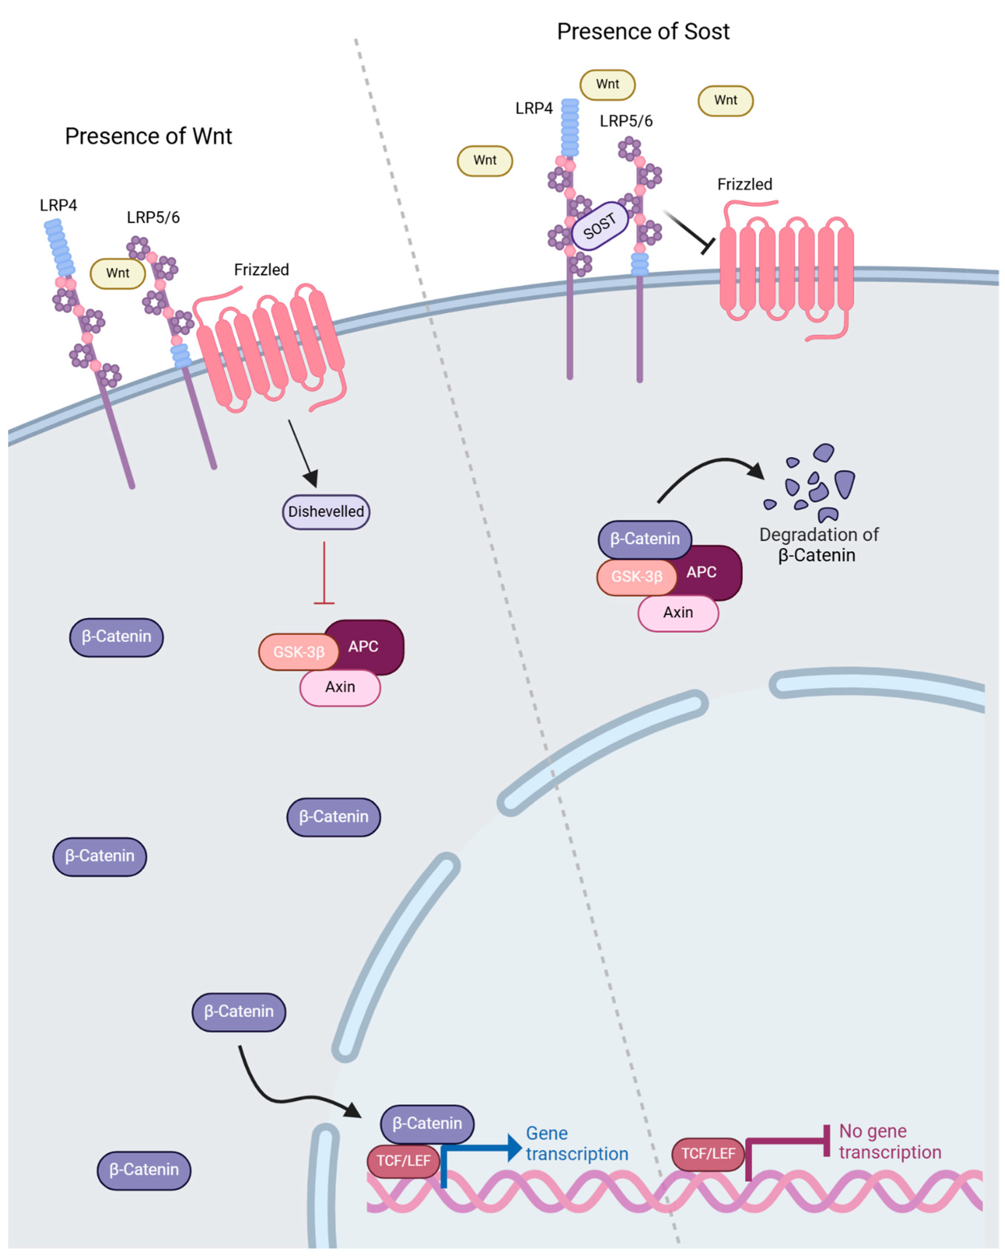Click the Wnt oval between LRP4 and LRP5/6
pos(118,273)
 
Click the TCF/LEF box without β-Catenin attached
pos(708,1154)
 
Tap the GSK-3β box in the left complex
pos(298,651)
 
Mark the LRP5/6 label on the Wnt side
pos(153,217)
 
